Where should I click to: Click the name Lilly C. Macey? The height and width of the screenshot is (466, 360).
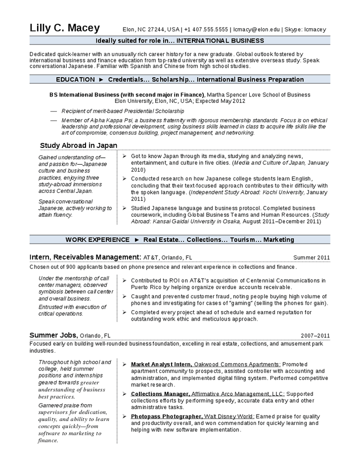tap(65, 28)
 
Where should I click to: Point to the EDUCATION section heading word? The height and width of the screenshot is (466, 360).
tap(75, 79)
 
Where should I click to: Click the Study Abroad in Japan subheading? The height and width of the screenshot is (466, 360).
tap(79, 145)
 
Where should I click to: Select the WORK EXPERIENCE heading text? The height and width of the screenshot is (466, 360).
tap(97, 239)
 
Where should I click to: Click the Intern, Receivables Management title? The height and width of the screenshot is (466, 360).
tap(86, 257)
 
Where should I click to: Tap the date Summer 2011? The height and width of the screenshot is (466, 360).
tap(312, 258)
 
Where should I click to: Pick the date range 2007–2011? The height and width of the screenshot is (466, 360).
tap(315, 335)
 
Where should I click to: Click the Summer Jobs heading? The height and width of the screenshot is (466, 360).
tap(53, 335)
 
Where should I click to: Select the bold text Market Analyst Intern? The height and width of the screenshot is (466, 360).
tap(161, 364)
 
